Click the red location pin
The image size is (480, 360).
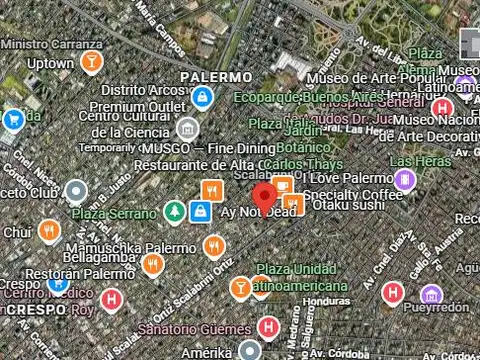264,196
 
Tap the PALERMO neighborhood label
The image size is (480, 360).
216,77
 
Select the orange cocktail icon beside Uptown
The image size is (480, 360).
92,63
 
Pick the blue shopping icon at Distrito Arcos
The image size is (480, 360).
203,97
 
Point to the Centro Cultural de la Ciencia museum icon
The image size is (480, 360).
187,128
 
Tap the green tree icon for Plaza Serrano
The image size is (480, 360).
175,212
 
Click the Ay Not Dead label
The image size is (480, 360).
258,212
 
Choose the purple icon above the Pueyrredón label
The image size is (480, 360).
431,294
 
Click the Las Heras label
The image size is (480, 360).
415,161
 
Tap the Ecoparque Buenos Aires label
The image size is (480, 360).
309,97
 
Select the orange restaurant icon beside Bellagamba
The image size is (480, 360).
152,264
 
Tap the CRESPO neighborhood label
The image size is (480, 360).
35,310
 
